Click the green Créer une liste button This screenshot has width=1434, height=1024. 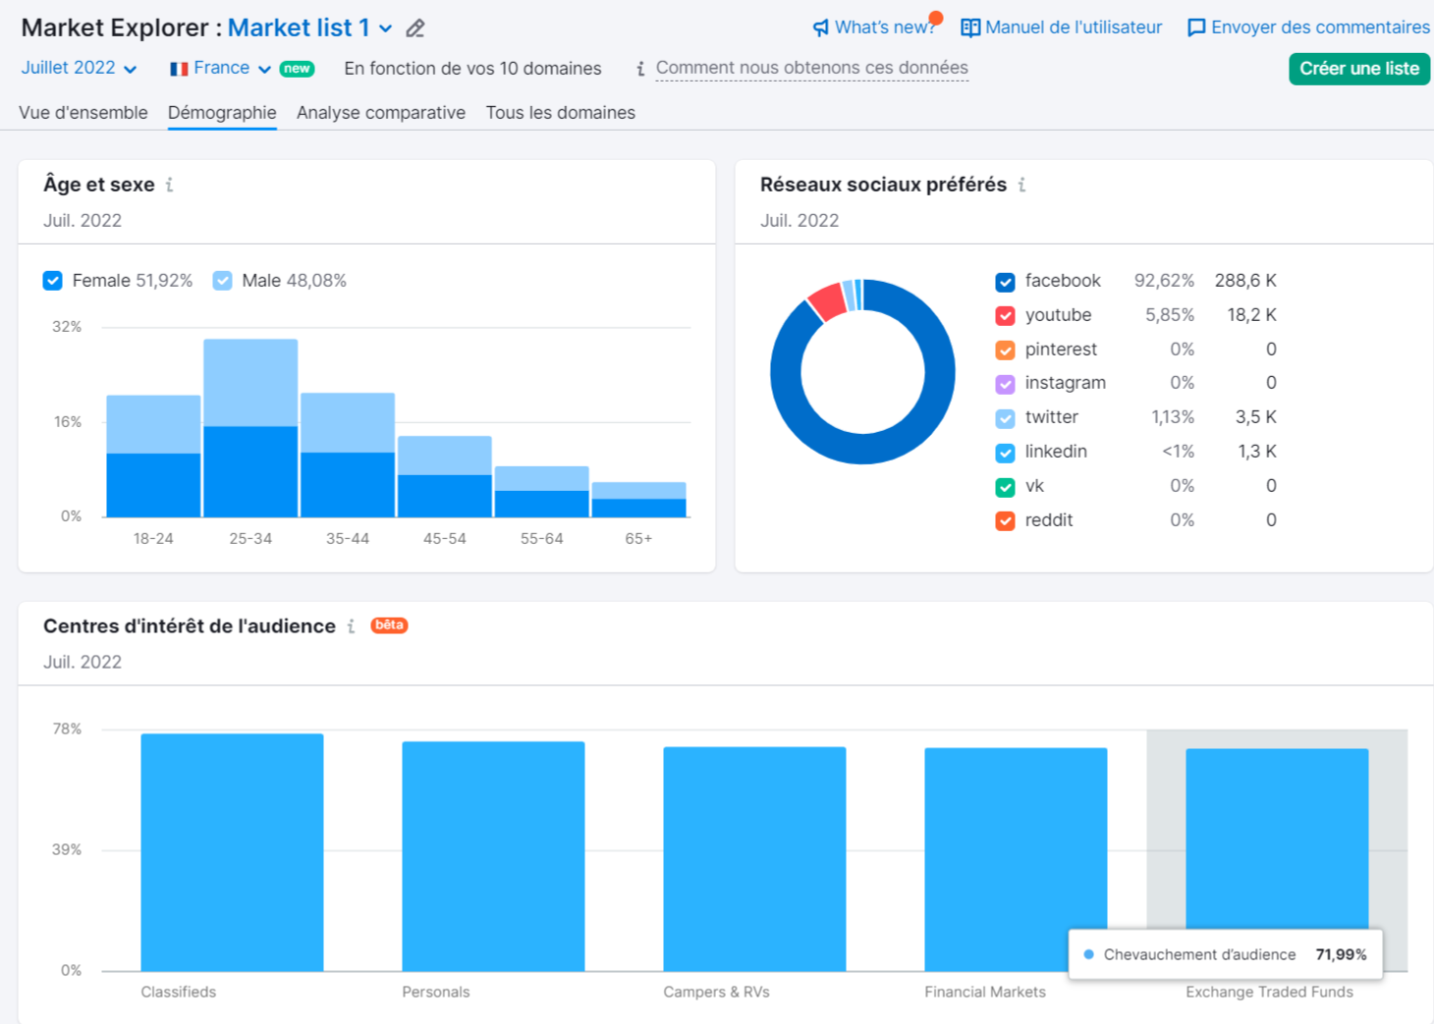point(1358,69)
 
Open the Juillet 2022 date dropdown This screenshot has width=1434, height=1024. point(79,68)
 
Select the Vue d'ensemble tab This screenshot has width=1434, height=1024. point(83,113)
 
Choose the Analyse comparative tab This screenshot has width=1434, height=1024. point(381,113)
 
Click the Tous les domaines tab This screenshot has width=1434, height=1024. point(560,113)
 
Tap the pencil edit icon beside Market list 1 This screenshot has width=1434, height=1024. point(415,28)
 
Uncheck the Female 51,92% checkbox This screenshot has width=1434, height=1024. point(53,281)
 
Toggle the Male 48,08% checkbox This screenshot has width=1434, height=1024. point(223,281)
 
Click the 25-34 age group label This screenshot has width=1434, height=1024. point(250,539)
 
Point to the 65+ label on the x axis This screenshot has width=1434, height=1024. point(638,539)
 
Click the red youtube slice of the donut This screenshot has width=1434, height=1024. point(827,300)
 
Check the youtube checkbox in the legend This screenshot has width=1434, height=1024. point(1005,316)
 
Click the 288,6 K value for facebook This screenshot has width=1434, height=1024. point(1244,281)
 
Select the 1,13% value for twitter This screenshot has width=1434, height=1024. point(1173,417)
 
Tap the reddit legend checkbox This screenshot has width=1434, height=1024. point(1005,521)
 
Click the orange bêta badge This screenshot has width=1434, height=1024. point(389,625)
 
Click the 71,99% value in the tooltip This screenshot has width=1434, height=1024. point(1341,954)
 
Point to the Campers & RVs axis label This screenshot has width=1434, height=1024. point(716,993)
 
